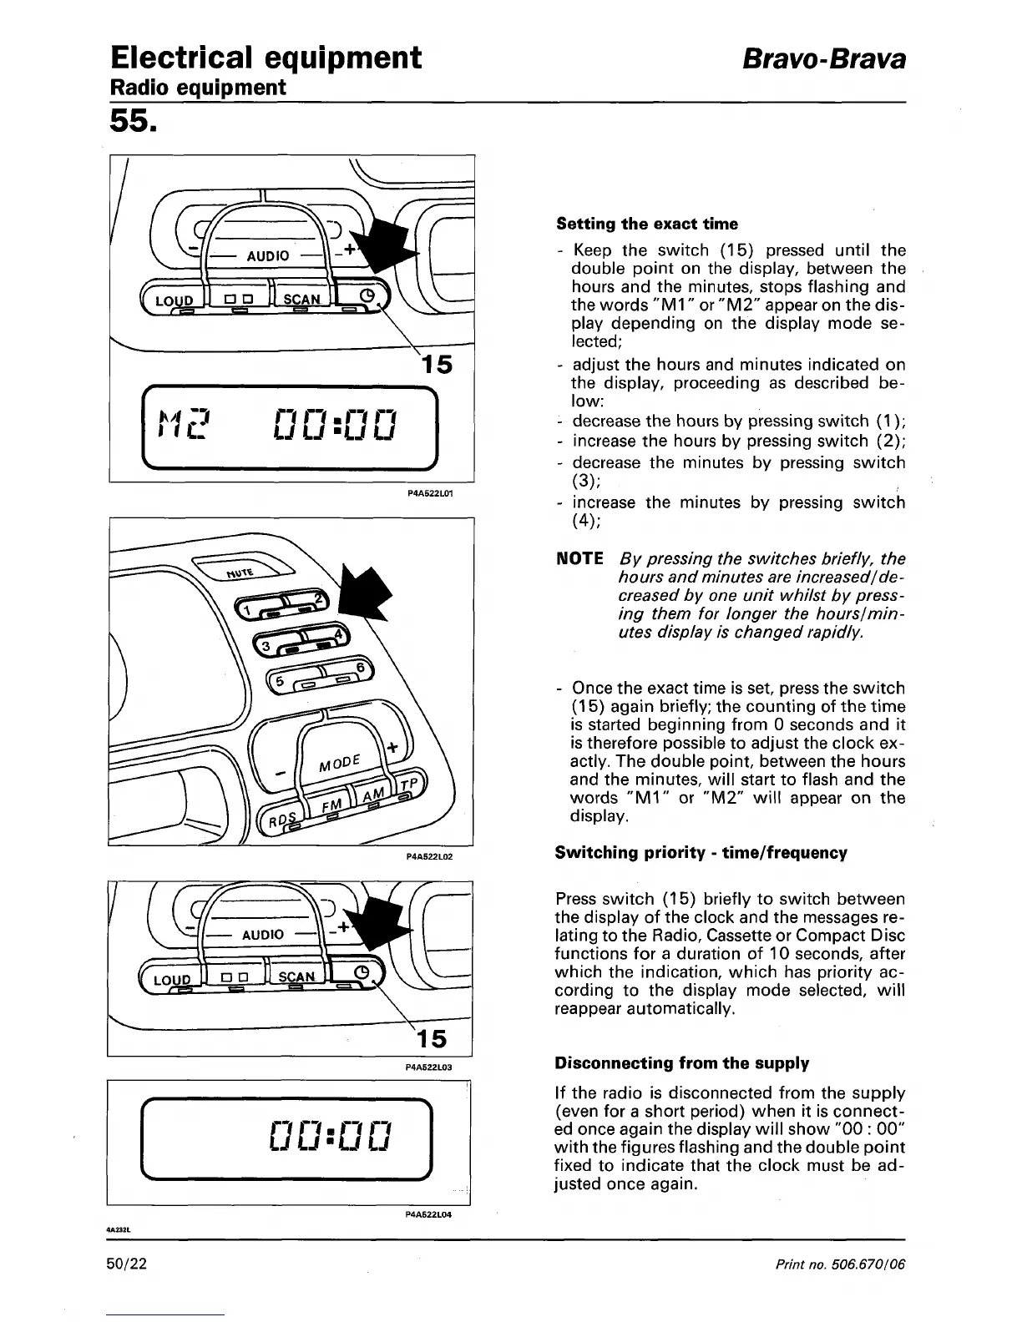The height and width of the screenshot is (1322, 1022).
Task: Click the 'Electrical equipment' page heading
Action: click(x=266, y=58)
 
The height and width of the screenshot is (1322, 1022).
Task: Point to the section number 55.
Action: click(x=132, y=123)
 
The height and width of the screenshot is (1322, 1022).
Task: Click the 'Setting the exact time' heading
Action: click(x=647, y=224)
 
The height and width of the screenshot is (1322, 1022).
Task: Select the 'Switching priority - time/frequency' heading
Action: click(x=701, y=853)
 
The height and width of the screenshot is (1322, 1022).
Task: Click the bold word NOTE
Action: click(x=579, y=558)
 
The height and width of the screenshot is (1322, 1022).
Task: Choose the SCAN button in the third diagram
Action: click(x=297, y=976)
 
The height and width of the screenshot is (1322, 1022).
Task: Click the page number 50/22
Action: click(x=127, y=1264)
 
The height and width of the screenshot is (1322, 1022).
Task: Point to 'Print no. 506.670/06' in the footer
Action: click(x=840, y=1264)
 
